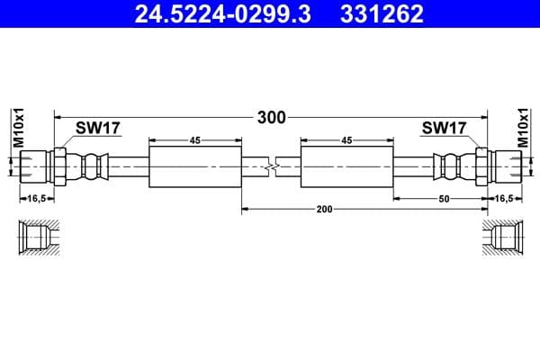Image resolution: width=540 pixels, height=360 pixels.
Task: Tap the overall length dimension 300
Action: pos(271,117)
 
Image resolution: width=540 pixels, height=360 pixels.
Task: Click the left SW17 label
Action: pos(98,129)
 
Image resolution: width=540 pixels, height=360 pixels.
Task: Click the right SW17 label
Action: pos(445,129)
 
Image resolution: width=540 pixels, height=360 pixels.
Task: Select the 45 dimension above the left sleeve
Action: pos(194,140)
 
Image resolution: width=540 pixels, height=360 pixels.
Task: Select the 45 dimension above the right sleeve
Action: pos(347,140)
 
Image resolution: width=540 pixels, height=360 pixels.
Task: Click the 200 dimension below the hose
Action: pos(325,209)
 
